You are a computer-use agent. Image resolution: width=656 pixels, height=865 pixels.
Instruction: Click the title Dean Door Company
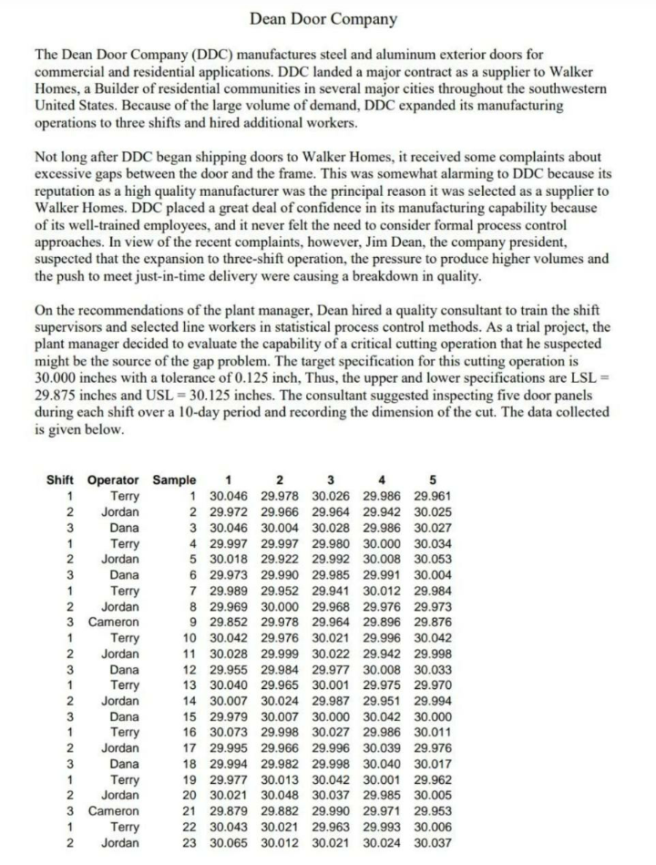(x=323, y=18)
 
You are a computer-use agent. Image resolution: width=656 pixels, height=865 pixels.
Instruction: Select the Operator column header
(x=113, y=480)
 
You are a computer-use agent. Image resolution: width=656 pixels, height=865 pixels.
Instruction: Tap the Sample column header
(x=174, y=480)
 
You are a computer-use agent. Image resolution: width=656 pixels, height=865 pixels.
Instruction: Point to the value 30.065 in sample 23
(x=228, y=841)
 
